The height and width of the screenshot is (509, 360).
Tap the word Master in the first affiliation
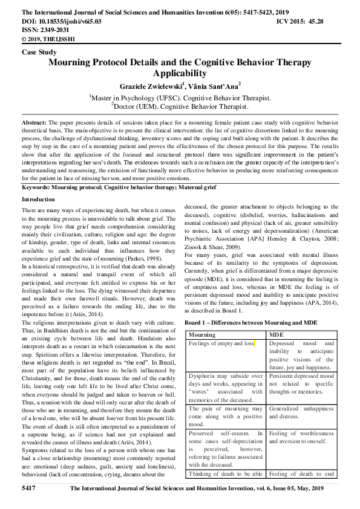point(103,98)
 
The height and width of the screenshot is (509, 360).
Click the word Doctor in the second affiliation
point(125,107)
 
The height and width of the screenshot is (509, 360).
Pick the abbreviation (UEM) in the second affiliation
point(150,107)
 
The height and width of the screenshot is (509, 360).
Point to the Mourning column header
point(201,334)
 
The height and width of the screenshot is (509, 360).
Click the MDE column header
point(276,334)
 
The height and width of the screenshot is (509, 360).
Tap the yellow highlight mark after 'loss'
point(255,343)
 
